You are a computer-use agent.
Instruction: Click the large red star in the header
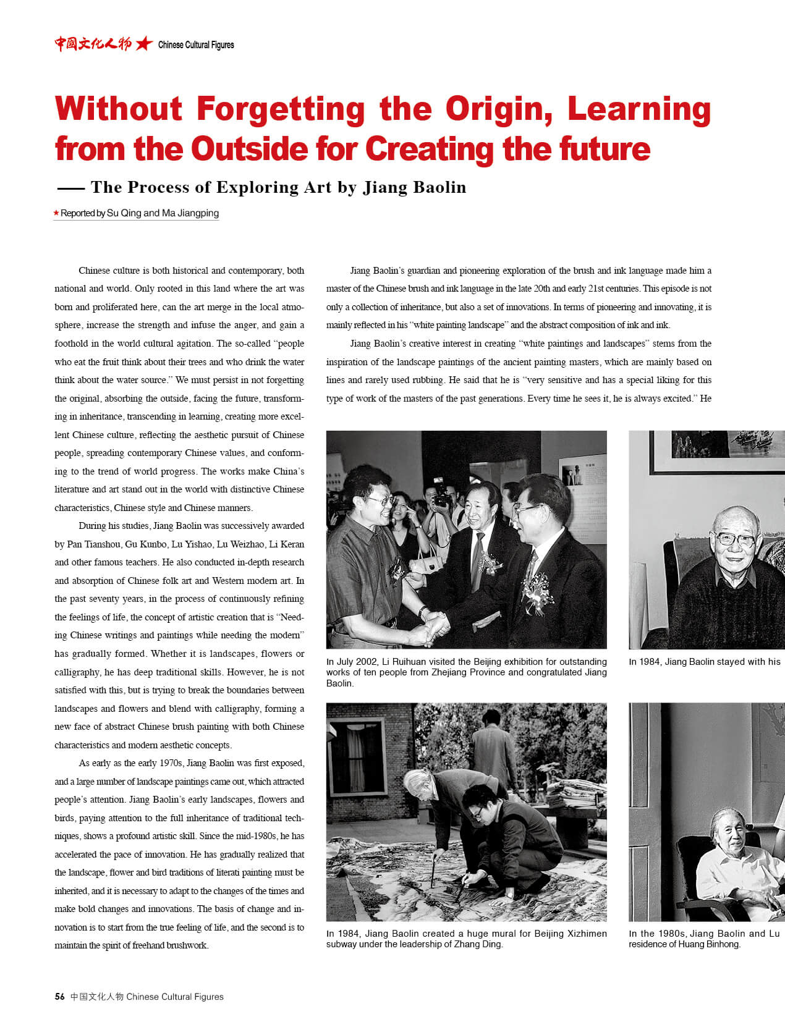144,44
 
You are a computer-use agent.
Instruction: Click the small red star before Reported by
56,213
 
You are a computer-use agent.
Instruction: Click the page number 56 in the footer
59,996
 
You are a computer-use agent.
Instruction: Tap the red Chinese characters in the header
93,44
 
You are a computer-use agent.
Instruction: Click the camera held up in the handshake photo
439,492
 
